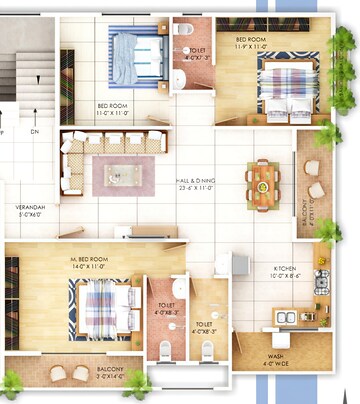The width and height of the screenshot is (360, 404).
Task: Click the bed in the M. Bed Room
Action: (x=99, y=307)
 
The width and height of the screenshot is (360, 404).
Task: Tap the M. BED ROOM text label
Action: (x=89, y=263)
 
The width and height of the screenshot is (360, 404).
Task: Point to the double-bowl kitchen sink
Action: (x=283, y=318)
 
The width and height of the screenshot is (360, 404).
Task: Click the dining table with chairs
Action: (x=264, y=180)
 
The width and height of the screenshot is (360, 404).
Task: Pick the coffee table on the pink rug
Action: (x=118, y=172)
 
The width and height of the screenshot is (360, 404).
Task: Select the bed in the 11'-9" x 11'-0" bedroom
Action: (x=289, y=85)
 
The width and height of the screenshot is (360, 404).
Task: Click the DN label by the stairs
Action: (x=33, y=131)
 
